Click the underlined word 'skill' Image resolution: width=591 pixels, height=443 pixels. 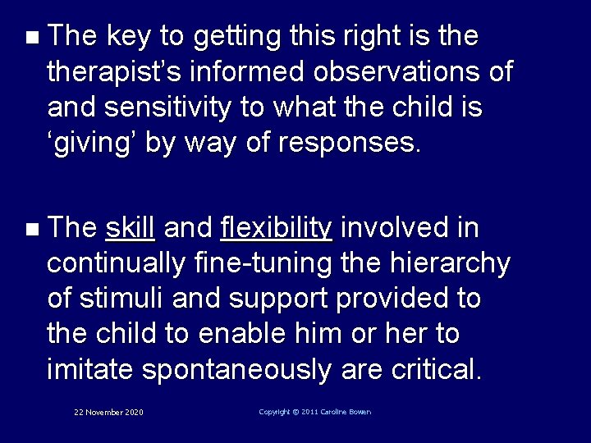(131, 227)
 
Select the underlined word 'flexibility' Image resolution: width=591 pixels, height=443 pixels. (277, 227)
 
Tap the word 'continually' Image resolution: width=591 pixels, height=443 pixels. (117, 263)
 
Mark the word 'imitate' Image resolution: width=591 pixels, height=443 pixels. (91, 369)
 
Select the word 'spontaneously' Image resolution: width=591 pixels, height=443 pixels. (236, 369)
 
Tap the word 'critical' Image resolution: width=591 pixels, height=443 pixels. (436, 369)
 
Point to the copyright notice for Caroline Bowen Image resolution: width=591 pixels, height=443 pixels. (314, 411)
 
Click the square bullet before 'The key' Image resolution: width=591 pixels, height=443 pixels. (30, 38)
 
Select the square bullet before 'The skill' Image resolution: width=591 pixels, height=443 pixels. (30, 228)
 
